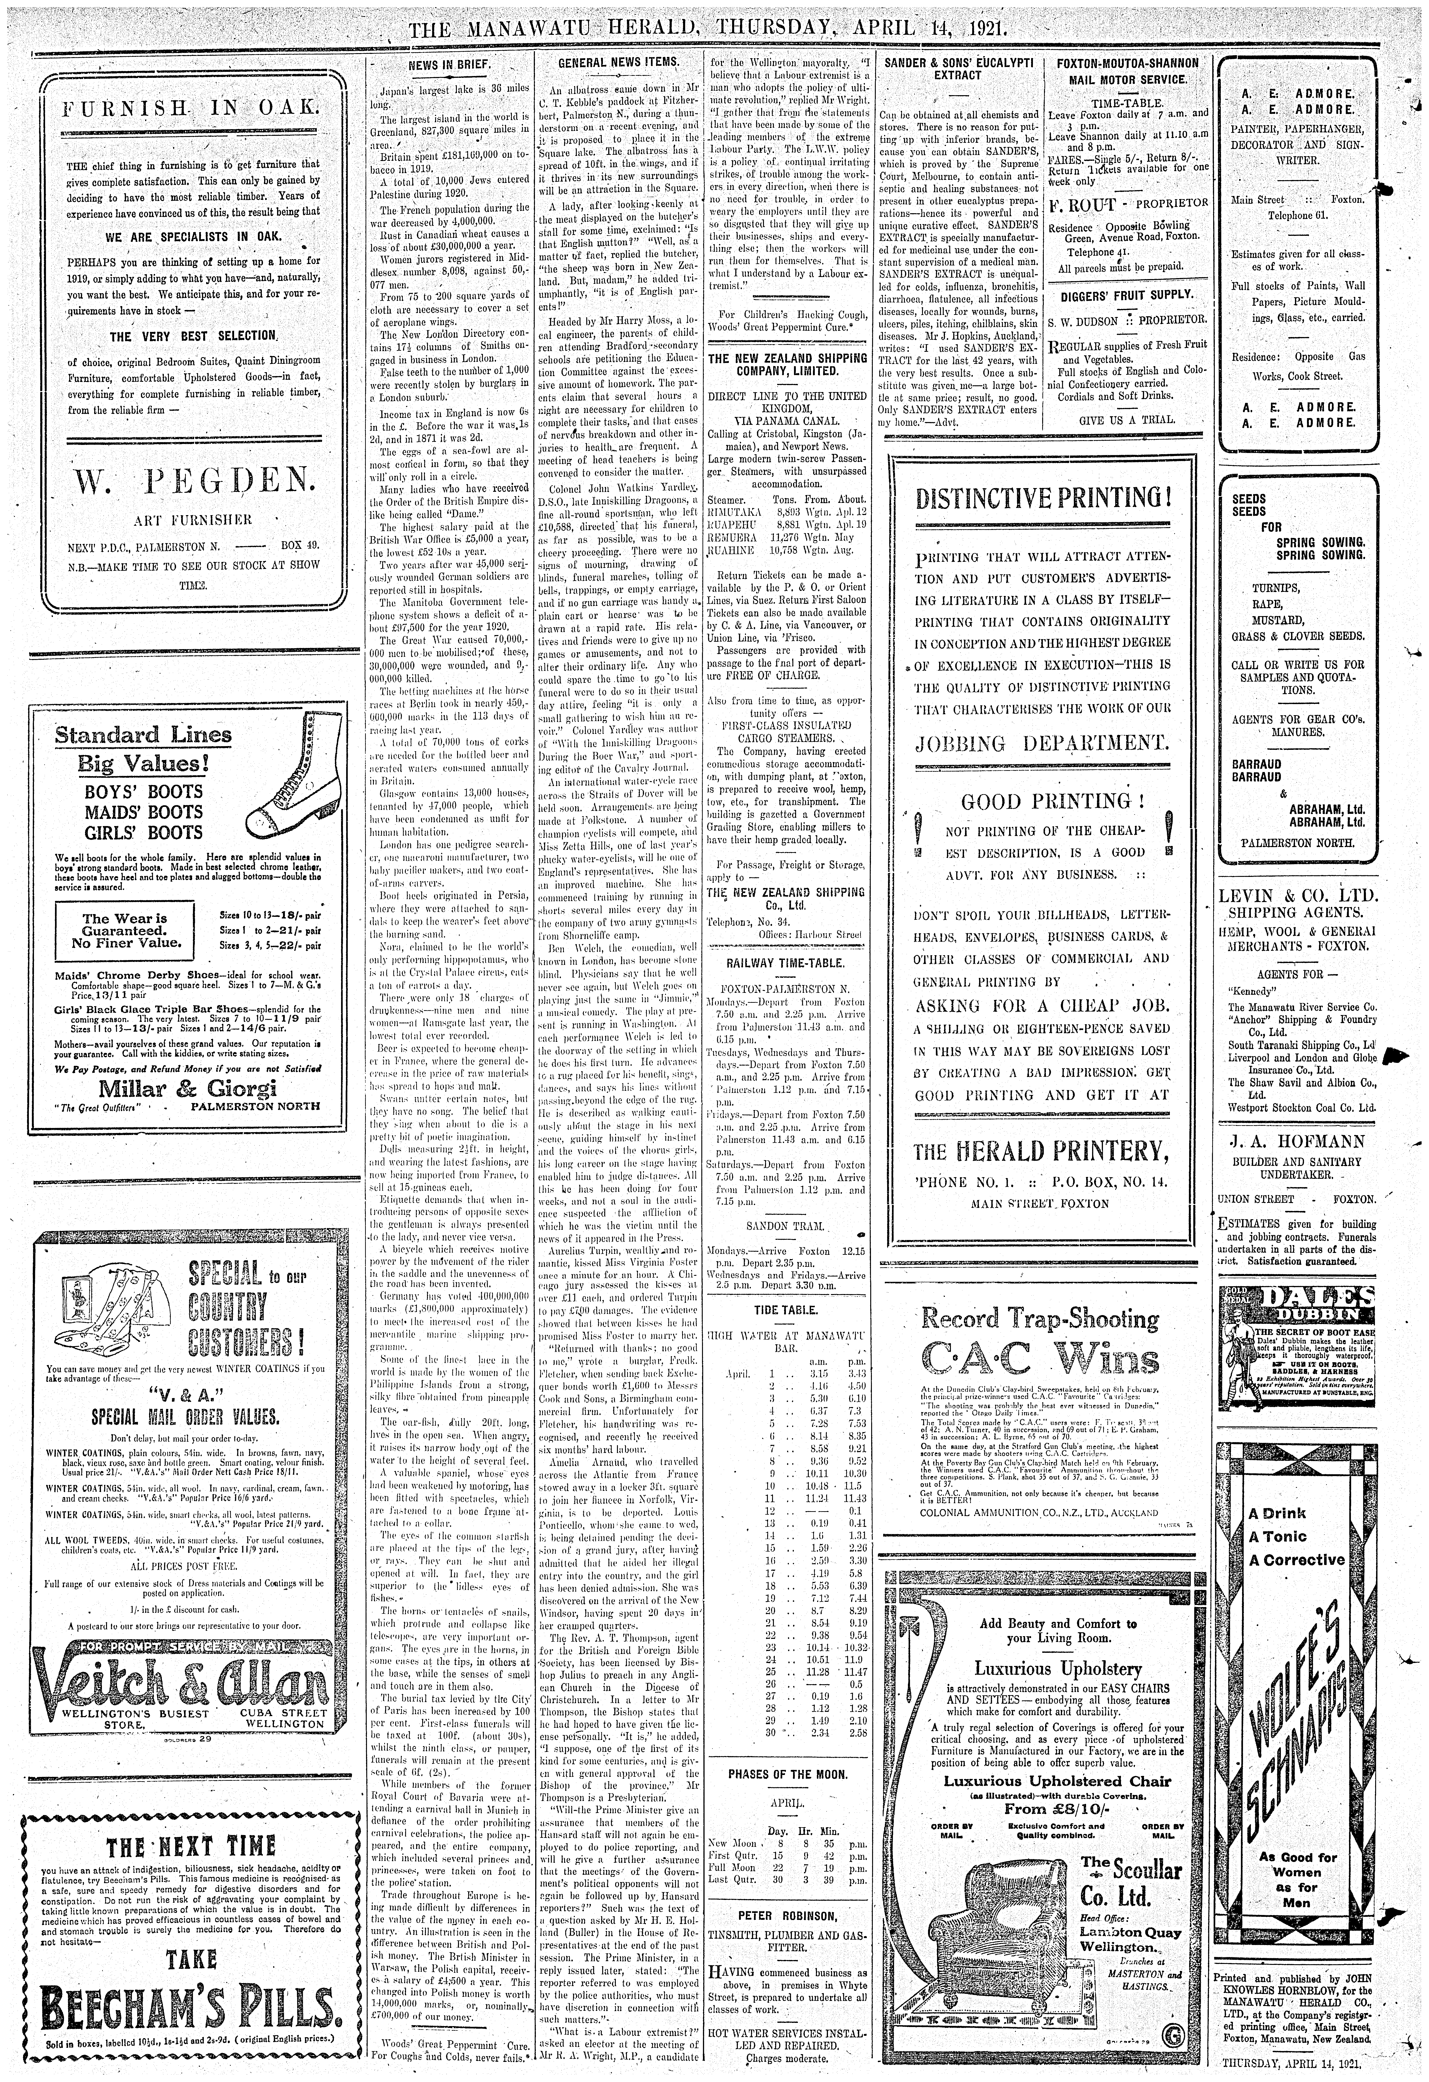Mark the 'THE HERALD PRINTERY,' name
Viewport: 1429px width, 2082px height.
tap(1042, 1150)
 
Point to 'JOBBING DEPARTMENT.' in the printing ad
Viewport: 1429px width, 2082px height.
tap(1042, 743)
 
